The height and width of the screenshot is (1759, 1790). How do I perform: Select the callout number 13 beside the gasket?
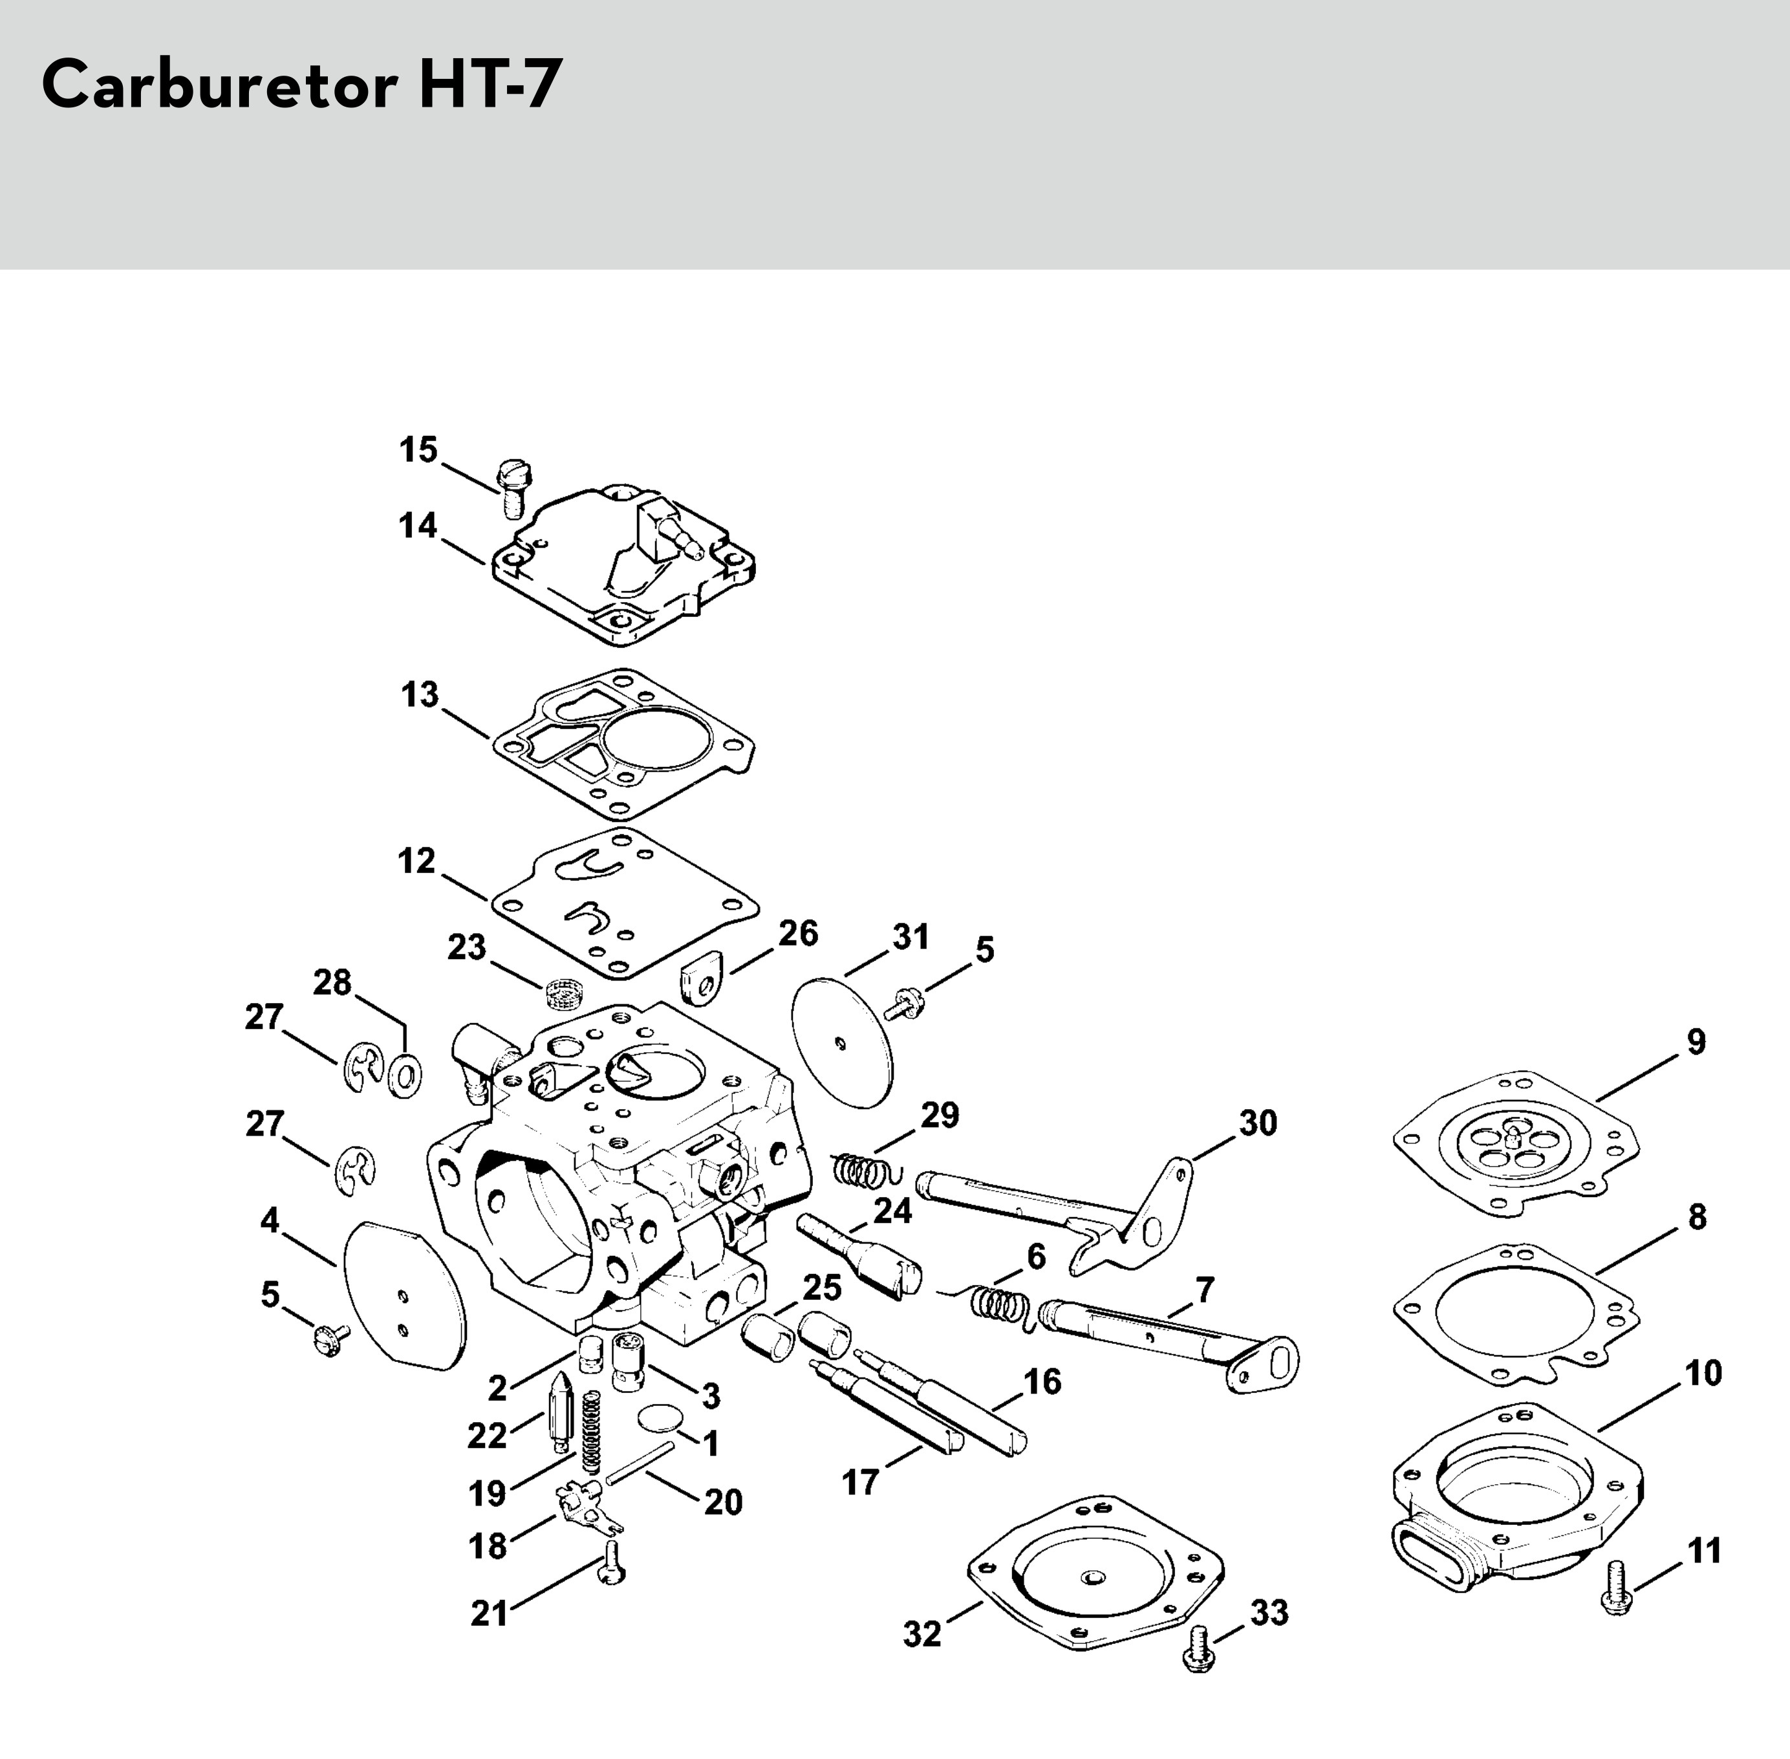(419, 695)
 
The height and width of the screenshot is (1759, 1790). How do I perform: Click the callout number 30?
(1257, 1123)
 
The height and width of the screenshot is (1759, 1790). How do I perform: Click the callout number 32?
(922, 1634)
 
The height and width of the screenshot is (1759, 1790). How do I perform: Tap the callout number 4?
(270, 1222)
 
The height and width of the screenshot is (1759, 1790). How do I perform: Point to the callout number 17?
(860, 1484)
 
